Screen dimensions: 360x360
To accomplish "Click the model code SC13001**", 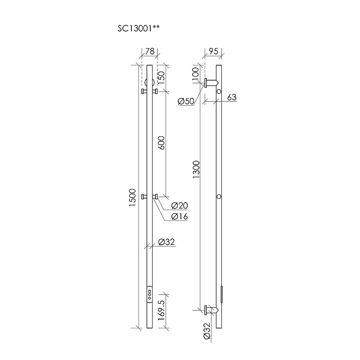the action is [139, 28].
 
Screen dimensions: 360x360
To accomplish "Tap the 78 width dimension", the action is [150, 51].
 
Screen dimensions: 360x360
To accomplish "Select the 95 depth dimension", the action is [213, 51].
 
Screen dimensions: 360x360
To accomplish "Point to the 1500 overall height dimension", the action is [132, 198].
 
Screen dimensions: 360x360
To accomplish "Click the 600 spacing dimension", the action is [161, 143].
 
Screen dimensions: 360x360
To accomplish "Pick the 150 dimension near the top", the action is [161, 77].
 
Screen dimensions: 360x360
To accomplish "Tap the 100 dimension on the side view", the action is [195, 73].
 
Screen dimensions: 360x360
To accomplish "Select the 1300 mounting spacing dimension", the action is [196, 170].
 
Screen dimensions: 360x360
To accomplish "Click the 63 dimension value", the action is [232, 97].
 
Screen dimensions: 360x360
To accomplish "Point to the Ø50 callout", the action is [186, 101].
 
